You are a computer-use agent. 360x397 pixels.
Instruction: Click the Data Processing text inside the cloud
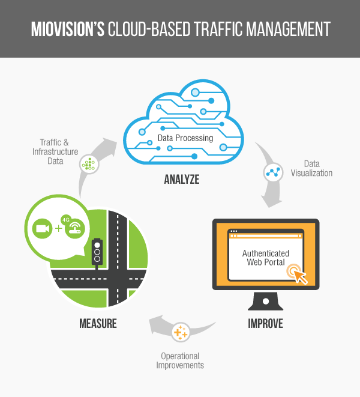tap(185, 138)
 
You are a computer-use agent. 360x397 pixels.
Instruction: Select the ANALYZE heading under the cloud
tap(181, 179)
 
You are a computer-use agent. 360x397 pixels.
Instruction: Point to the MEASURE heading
tap(98, 324)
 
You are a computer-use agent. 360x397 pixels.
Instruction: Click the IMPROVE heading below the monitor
tap(265, 324)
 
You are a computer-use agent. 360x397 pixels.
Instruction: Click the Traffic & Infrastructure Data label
tap(55, 152)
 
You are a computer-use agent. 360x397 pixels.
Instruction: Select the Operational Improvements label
tap(180, 360)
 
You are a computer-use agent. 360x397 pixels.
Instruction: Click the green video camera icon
tap(42, 229)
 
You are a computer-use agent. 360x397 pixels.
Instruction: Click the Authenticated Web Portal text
tap(265, 258)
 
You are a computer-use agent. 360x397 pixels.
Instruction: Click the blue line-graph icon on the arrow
tap(274, 172)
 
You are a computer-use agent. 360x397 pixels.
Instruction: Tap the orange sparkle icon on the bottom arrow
tap(180, 332)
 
